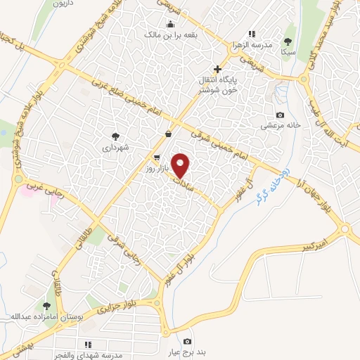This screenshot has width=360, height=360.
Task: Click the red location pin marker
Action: tap(181, 165)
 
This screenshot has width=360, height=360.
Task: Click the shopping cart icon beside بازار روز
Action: tap(157, 157)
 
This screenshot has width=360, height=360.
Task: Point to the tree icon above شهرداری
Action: tap(115, 136)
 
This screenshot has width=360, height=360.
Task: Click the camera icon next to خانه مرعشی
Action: tap(281, 115)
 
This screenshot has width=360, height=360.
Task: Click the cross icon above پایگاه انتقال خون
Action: tap(218, 69)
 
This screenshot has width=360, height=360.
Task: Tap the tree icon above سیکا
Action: tap(288, 41)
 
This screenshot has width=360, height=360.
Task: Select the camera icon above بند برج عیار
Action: tap(186, 342)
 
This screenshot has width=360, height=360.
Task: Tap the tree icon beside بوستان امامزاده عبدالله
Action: tap(46, 306)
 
